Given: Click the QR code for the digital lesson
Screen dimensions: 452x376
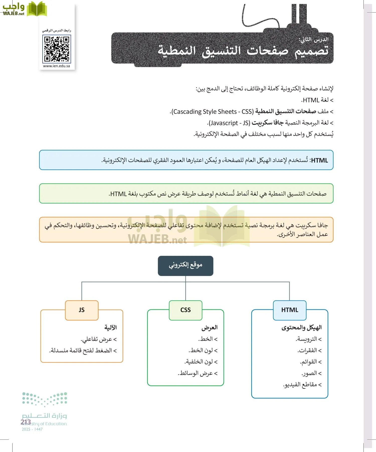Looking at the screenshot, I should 57,49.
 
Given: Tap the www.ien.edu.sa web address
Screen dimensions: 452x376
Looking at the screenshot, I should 56,66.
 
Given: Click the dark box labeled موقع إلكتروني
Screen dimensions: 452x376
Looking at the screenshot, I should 185,266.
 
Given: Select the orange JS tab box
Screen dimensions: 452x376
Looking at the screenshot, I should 82,310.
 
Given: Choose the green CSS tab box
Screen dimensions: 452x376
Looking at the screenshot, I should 185,310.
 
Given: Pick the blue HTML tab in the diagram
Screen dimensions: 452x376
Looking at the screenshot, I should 290,310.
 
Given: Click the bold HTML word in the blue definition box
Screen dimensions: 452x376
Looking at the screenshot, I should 319,160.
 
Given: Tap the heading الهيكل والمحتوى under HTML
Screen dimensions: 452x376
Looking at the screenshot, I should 301,327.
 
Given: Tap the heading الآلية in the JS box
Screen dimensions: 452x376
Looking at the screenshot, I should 111,327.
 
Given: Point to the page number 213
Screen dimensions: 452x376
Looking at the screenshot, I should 26,422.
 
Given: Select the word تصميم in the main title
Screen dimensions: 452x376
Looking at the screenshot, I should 311,51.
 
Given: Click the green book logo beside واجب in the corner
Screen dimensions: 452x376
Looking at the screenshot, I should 37,9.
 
